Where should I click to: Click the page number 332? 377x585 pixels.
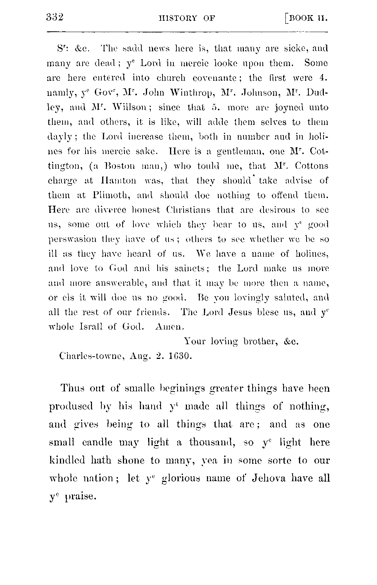pos(55,17)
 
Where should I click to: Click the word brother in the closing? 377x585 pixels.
pos(260,341)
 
